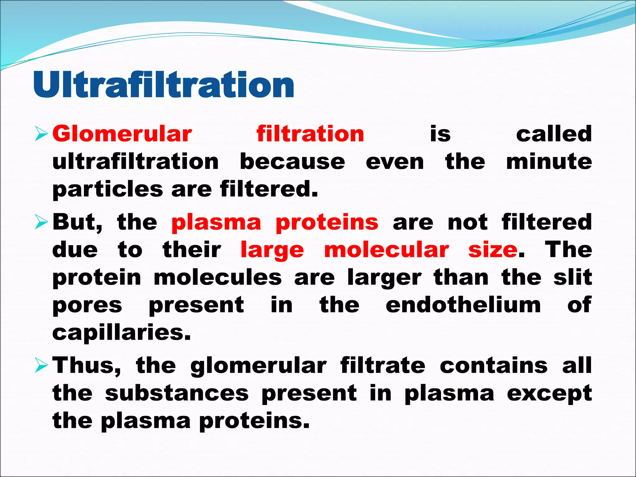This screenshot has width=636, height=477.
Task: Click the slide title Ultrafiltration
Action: (x=163, y=84)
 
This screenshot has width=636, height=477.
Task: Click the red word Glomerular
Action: (x=122, y=134)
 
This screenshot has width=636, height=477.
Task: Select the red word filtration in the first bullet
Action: (x=310, y=134)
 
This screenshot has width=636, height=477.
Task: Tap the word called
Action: (x=554, y=134)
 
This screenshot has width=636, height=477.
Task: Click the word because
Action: (x=292, y=162)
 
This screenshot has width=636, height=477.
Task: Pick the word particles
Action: (x=107, y=190)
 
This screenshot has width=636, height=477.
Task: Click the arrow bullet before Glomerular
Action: (x=41, y=134)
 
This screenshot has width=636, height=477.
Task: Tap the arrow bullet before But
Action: (x=41, y=222)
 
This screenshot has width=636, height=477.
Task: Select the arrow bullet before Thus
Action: (x=41, y=365)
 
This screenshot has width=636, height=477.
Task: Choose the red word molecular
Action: (x=386, y=250)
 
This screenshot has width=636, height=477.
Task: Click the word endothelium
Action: (x=463, y=305)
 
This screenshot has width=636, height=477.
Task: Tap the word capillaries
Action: (x=121, y=333)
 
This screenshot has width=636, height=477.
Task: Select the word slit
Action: (x=573, y=277)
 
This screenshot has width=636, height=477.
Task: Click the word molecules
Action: (x=218, y=277)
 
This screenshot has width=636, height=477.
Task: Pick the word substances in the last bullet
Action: (x=177, y=393)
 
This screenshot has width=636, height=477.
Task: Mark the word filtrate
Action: (x=383, y=365)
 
